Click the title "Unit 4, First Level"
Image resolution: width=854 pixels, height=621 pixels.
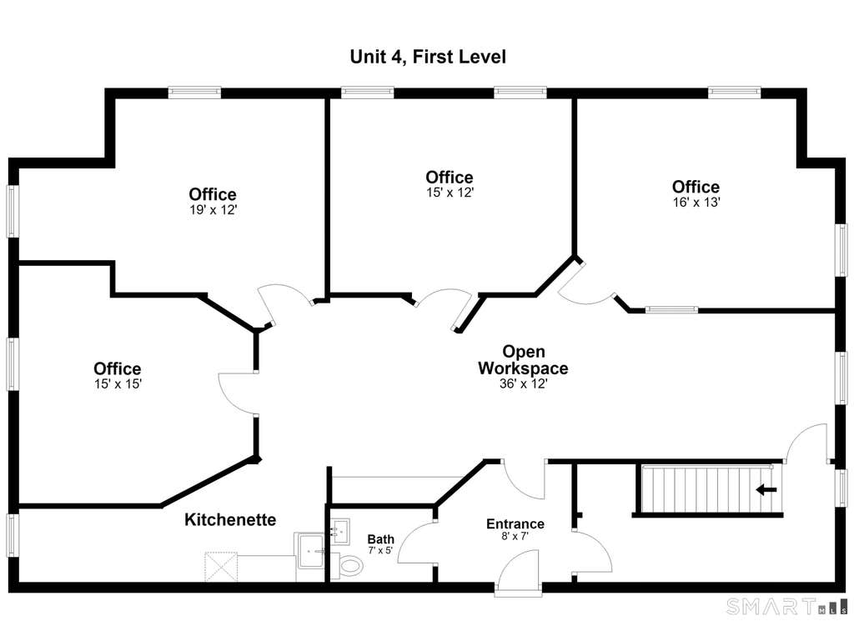[428, 58]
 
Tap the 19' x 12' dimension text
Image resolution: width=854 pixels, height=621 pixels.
[213, 210]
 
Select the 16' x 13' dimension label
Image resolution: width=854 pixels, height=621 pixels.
[696, 203]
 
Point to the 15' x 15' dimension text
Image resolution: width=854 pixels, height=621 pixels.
[118, 384]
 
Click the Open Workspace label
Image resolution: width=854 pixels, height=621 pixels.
[523, 360]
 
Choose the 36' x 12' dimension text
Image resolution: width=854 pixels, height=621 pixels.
[524, 384]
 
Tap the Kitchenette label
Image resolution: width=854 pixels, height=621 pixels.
[230, 520]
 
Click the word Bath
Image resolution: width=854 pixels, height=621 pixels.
[380, 539]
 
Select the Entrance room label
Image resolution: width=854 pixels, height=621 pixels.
[515, 524]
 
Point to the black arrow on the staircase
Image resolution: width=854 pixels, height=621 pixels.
[766, 490]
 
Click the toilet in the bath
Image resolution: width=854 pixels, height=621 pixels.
[348, 565]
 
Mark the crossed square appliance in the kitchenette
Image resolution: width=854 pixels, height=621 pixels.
[221, 567]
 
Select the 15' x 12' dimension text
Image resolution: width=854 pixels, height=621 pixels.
[450, 193]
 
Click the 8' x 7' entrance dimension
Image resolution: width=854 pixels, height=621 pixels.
[515, 537]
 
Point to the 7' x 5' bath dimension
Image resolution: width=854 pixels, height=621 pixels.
[380, 551]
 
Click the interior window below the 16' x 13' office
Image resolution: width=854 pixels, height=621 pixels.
[671, 310]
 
